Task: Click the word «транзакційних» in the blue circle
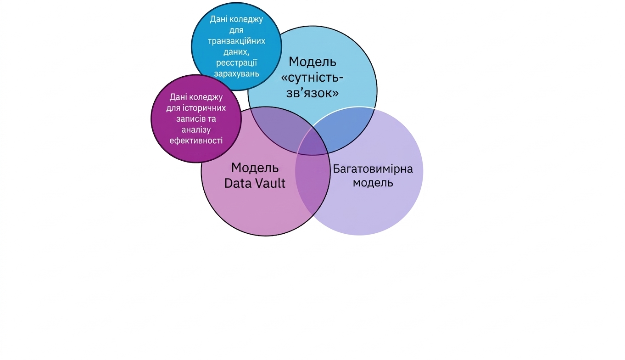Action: (x=236, y=41)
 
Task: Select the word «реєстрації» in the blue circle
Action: (x=236, y=63)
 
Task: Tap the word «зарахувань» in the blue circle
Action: (x=236, y=74)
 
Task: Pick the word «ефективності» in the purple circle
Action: (x=196, y=140)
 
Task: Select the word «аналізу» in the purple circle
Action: (x=196, y=130)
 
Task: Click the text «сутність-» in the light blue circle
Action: (x=312, y=77)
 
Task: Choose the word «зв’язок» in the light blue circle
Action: (x=312, y=93)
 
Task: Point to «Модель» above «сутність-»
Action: (x=312, y=62)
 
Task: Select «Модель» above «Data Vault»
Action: (x=255, y=168)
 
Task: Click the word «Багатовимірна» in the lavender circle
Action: (x=373, y=169)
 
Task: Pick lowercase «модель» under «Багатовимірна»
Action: (x=373, y=183)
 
